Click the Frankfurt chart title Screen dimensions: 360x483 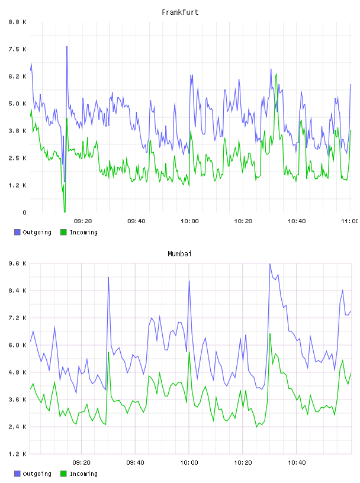180,12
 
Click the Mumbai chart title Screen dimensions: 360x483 179,254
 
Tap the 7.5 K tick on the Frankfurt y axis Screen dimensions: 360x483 17,49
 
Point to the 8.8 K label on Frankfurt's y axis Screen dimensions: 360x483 17,22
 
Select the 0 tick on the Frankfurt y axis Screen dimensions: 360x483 24,212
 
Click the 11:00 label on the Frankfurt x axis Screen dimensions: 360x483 350,221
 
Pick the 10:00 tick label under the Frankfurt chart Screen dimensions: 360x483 189,221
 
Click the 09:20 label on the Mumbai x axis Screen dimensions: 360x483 82,463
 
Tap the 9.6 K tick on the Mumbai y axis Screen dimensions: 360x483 17,263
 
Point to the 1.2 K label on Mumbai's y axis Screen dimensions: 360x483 17,454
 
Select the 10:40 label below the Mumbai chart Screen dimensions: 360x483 297,463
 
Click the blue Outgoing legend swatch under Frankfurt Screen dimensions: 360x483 17,232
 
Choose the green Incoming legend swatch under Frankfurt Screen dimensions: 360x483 63,232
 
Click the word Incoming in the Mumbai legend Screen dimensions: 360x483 83,474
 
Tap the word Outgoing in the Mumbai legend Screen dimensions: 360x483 37,474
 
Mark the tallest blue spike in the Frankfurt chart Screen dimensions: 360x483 67,47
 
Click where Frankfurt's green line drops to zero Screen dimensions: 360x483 65,212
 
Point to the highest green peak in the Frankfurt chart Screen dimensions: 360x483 276,74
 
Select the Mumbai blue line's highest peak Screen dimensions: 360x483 269,264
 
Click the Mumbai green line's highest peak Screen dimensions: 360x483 270,334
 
